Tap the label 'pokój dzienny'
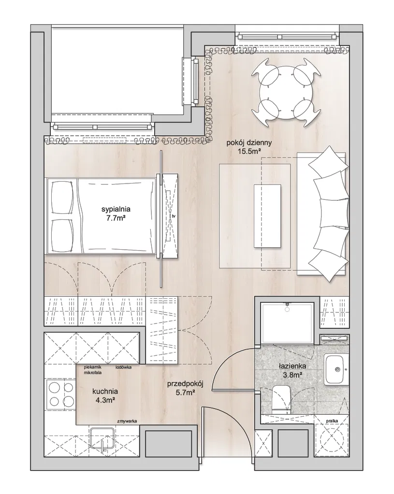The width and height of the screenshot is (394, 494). [249, 143]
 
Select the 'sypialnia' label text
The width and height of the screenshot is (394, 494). [116, 209]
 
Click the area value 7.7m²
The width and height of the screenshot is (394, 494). [116, 218]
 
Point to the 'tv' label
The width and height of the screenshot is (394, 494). [173, 216]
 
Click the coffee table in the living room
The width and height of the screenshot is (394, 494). [267, 216]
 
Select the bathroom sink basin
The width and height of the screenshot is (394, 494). [336, 369]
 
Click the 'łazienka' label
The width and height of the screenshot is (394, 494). [292, 367]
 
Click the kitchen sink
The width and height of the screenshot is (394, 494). [102, 441]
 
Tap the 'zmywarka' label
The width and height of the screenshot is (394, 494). [127, 421]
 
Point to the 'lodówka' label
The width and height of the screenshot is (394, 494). [123, 367]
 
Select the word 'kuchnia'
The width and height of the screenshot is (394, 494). [105, 392]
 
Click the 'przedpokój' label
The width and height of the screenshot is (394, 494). [185, 384]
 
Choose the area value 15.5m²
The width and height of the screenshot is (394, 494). [249, 152]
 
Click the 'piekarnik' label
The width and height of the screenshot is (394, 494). [92, 367]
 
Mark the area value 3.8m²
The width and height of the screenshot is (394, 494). [292, 375]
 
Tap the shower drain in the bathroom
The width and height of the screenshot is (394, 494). [287, 310]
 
